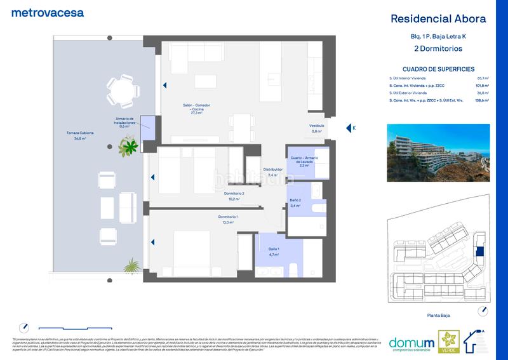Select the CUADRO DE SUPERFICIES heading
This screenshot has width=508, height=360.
coord(439,69)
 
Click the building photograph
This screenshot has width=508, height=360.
coord(438,149)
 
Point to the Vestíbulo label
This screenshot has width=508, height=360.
coord(317,128)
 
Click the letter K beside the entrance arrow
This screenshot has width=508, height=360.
coord(354,128)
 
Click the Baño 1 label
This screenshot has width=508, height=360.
coord(274,251)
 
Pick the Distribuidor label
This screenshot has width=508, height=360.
coord(273,172)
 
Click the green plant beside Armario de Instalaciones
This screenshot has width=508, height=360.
coord(129,146)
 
